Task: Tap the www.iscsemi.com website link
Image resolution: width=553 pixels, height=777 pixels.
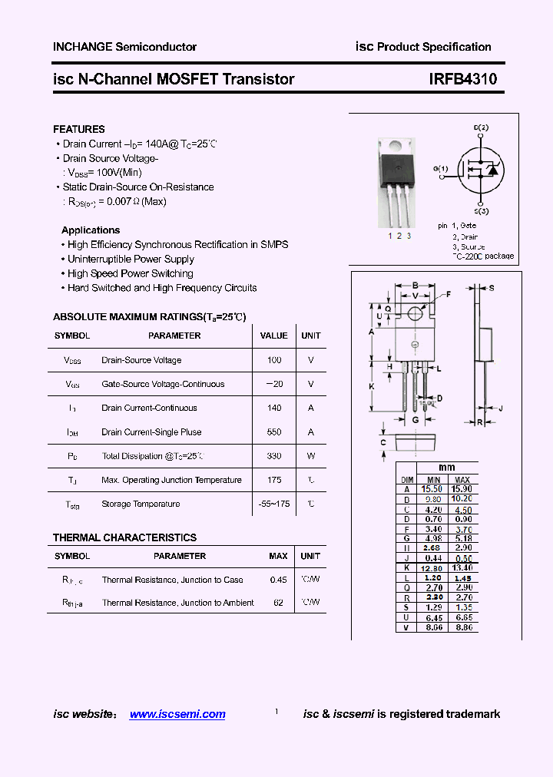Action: coord(177,714)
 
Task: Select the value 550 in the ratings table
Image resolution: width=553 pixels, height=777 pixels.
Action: coord(274,432)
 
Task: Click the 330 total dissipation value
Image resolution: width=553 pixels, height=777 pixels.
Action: coord(274,456)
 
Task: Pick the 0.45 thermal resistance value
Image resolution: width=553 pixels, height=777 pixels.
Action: coord(278,580)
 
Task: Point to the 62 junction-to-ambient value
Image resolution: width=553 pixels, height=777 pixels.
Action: coord(278,603)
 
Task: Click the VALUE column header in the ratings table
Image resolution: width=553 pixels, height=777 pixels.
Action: coord(274,336)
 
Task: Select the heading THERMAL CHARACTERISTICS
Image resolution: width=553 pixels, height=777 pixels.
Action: coord(124,537)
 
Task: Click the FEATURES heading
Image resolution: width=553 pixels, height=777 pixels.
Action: coord(79,129)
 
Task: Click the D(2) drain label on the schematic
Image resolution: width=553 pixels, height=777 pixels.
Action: coord(481,127)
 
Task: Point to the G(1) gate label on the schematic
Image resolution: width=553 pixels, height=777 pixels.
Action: coord(441,167)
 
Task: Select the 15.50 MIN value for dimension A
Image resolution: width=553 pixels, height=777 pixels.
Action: coord(432,488)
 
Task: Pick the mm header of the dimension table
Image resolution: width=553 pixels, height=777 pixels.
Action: coord(446,468)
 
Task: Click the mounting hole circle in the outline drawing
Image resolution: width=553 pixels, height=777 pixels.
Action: coord(415,313)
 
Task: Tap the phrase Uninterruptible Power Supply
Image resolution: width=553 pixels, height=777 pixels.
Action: coord(131,260)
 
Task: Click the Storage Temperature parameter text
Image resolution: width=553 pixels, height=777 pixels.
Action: coord(141,504)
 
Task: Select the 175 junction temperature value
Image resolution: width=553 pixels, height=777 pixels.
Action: coord(274,480)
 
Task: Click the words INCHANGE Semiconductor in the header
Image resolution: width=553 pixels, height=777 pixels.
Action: coord(124,47)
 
